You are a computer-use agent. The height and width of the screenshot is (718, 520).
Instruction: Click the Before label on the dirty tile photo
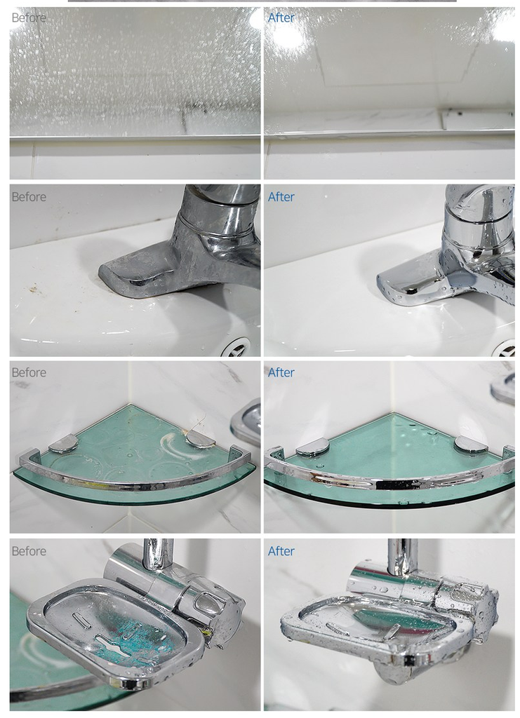(29, 18)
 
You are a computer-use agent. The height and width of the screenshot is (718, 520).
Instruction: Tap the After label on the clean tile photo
(281, 18)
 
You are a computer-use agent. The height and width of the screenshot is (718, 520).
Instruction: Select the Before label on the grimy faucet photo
(29, 197)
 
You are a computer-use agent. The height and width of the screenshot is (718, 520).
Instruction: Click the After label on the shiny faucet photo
(281, 197)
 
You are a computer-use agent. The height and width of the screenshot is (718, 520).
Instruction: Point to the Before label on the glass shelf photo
(29, 372)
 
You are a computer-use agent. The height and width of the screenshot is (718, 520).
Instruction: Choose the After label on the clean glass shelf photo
(281, 372)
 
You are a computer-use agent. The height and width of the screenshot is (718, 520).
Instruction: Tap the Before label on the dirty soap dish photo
(29, 551)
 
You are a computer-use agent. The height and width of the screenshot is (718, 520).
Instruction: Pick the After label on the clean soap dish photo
(281, 551)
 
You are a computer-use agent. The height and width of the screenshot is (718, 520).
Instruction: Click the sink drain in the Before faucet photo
(236, 348)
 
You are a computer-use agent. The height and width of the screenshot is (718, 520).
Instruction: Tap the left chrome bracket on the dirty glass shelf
(64, 443)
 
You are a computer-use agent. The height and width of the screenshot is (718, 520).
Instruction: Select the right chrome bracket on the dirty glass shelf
(201, 439)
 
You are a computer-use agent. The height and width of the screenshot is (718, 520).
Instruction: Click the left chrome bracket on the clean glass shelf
(313, 447)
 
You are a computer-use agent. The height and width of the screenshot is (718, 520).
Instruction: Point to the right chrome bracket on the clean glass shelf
(470, 445)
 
